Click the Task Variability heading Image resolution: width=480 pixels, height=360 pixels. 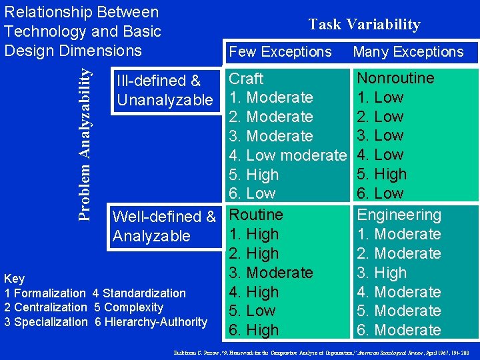pyautogui.click(x=364, y=25)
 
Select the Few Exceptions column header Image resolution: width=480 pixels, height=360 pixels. pyautogui.click(x=280, y=51)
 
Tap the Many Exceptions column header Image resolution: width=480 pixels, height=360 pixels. pyautogui.click(x=408, y=51)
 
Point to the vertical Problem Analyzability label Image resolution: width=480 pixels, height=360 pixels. pyautogui.click(x=85, y=137)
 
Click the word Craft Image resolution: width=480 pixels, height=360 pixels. pyautogui.click(x=246, y=78)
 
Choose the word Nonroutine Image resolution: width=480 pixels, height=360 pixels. pyautogui.click(x=395, y=78)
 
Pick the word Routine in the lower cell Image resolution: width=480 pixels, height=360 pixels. pyautogui.click(x=256, y=215)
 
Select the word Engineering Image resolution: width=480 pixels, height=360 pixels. pyautogui.click(x=399, y=215)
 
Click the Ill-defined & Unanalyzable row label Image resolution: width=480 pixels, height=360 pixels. pyautogui.click(x=164, y=90)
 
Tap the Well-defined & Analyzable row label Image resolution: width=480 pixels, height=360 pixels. pyautogui.click(x=164, y=226)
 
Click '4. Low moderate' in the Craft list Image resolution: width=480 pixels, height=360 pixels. pyautogui.click(x=288, y=155)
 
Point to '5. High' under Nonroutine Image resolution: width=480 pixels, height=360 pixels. pyautogui.click(x=382, y=175)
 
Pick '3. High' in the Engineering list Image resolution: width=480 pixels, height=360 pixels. pyautogui.click(x=382, y=273)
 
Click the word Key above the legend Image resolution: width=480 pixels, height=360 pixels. pyautogui.click(x=14, y=279)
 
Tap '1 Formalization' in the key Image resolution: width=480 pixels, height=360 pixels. pyautogui.click(x=45, y=293)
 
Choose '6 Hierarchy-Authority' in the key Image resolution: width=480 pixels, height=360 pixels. pyautogui.click(x=150, y=322)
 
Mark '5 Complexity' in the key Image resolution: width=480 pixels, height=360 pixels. pyautogui.click(x=128, y=307)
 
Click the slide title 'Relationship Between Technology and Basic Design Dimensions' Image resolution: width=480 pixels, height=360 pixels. pyautogui.click(x=82, y=31)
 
